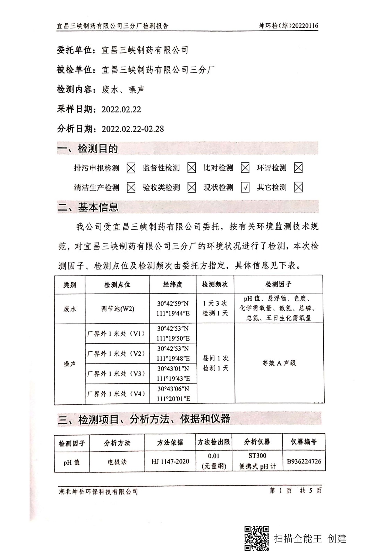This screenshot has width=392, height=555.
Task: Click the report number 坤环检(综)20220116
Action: pos(288,26)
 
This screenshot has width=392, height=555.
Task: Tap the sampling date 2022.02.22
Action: pos(121,109)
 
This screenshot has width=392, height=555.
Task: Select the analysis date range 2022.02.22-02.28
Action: pos(133,129)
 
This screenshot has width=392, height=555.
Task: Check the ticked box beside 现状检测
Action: pos(245,188)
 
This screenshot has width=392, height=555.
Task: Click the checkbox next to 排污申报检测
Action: pos(131,168)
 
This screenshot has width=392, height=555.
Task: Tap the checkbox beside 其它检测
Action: pos(298,188)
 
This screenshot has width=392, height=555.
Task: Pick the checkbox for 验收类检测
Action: pos(191,188)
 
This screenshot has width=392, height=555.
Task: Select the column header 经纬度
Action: pos(173,284)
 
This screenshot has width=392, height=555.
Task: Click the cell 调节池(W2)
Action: pos(117,309)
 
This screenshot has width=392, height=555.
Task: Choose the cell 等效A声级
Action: pos(279,363)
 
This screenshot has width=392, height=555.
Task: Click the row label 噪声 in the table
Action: pos(70,364)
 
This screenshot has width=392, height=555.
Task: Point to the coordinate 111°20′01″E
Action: pos(173,399)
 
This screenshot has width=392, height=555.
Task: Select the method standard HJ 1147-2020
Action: pos(170,461)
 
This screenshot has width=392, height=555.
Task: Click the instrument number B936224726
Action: pos(304,461)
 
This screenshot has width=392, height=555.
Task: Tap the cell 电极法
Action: pos(117,462)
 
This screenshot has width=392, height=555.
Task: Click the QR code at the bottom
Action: pos(257,538)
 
